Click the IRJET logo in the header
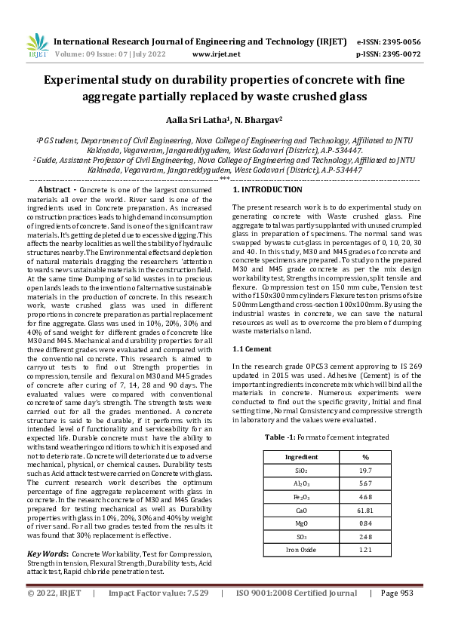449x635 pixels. (37, 46)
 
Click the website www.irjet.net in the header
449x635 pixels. (217, 54)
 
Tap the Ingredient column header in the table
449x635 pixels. (301, 457)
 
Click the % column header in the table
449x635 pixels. (365, 457)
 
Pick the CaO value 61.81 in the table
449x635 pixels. (365, 511)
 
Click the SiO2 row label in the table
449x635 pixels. (301, 471)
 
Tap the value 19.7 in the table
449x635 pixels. (365, 471)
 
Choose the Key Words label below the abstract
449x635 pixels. (46, 553)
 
